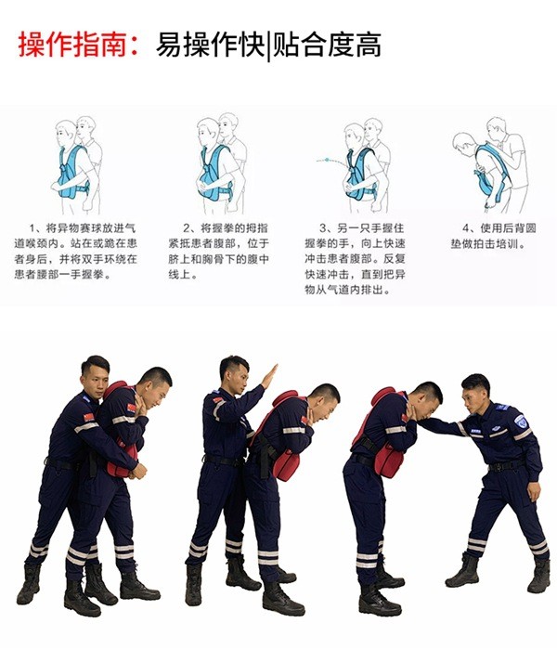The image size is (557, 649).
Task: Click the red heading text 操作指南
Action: click(72, 45)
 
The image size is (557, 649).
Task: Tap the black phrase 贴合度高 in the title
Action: click(327, 45)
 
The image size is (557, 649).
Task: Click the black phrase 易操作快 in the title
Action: click(210, 45)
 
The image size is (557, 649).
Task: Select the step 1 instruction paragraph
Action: click(76, 252)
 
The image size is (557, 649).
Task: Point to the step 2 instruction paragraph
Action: click(218, 252)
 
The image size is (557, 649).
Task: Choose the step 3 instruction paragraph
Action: click(355, 259)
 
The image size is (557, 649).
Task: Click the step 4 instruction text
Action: click(494, 236)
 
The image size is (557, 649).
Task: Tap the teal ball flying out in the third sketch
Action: click(327, 160)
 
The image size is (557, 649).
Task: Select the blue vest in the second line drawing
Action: click(215, 173)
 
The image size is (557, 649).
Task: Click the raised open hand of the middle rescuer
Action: click(270, 376)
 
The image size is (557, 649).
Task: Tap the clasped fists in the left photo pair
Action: click(138, 471)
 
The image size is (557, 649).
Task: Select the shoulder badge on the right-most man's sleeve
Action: click(521, 422)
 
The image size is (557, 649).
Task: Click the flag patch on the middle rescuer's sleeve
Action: click(217, 400)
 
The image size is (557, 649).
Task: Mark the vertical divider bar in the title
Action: click(269, 45)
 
